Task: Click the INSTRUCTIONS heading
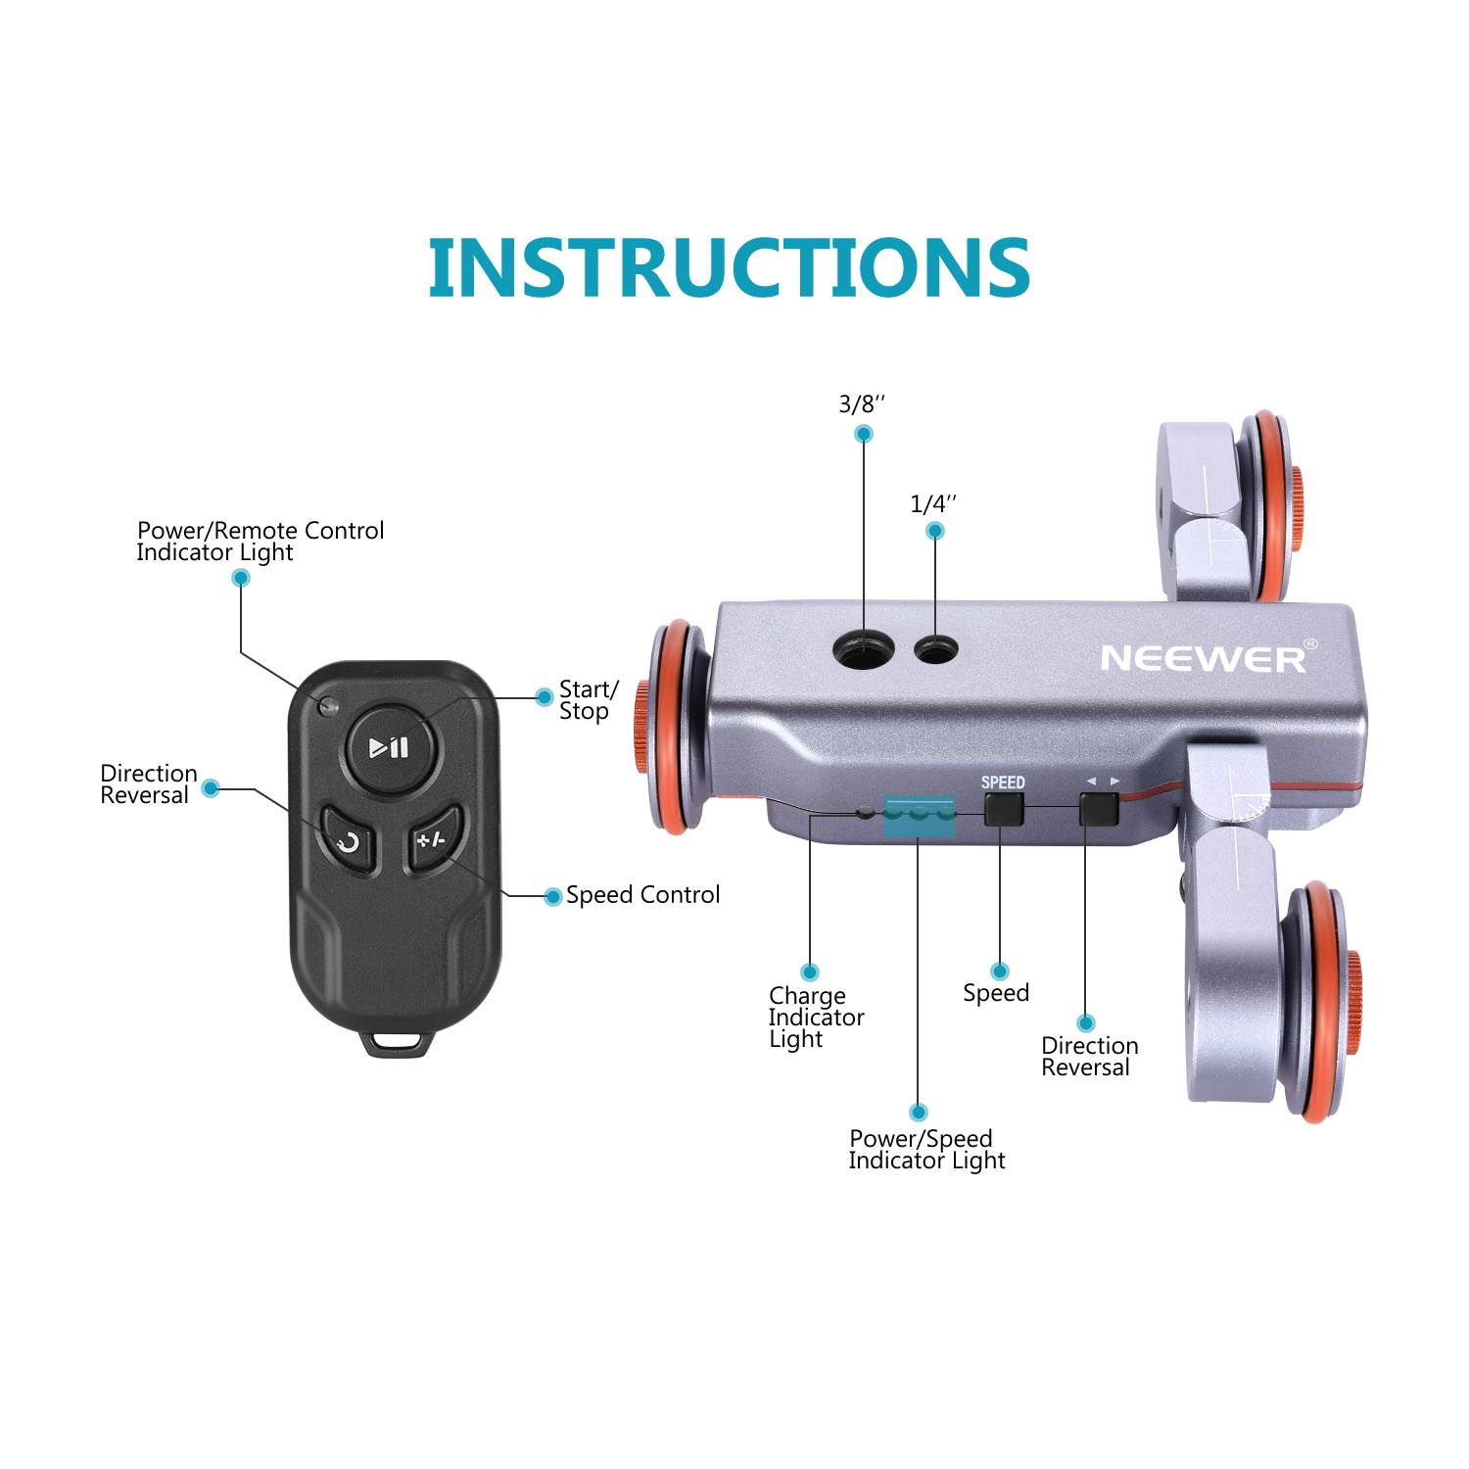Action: tap(729, 267)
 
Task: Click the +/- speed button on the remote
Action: tap(432, 838)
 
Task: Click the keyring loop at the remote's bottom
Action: tap(397, 1040)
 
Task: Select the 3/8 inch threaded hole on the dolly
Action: tap(863, 648)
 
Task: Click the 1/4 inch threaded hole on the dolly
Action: tap(936, 647)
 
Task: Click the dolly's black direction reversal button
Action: tap(1098, 809)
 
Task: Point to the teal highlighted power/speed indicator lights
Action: tap(919, 817)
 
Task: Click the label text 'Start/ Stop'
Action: tap(588, 700)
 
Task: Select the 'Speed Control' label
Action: tap(642, 894)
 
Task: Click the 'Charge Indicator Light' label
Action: tap(816, 1018)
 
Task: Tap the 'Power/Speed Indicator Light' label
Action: tap(925, 1150)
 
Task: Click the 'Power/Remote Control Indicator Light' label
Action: tap(260, 541)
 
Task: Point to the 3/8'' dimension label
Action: tap(862, 404)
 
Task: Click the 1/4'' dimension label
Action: tap(933, 504)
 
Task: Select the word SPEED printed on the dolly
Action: tap(1003, 782)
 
